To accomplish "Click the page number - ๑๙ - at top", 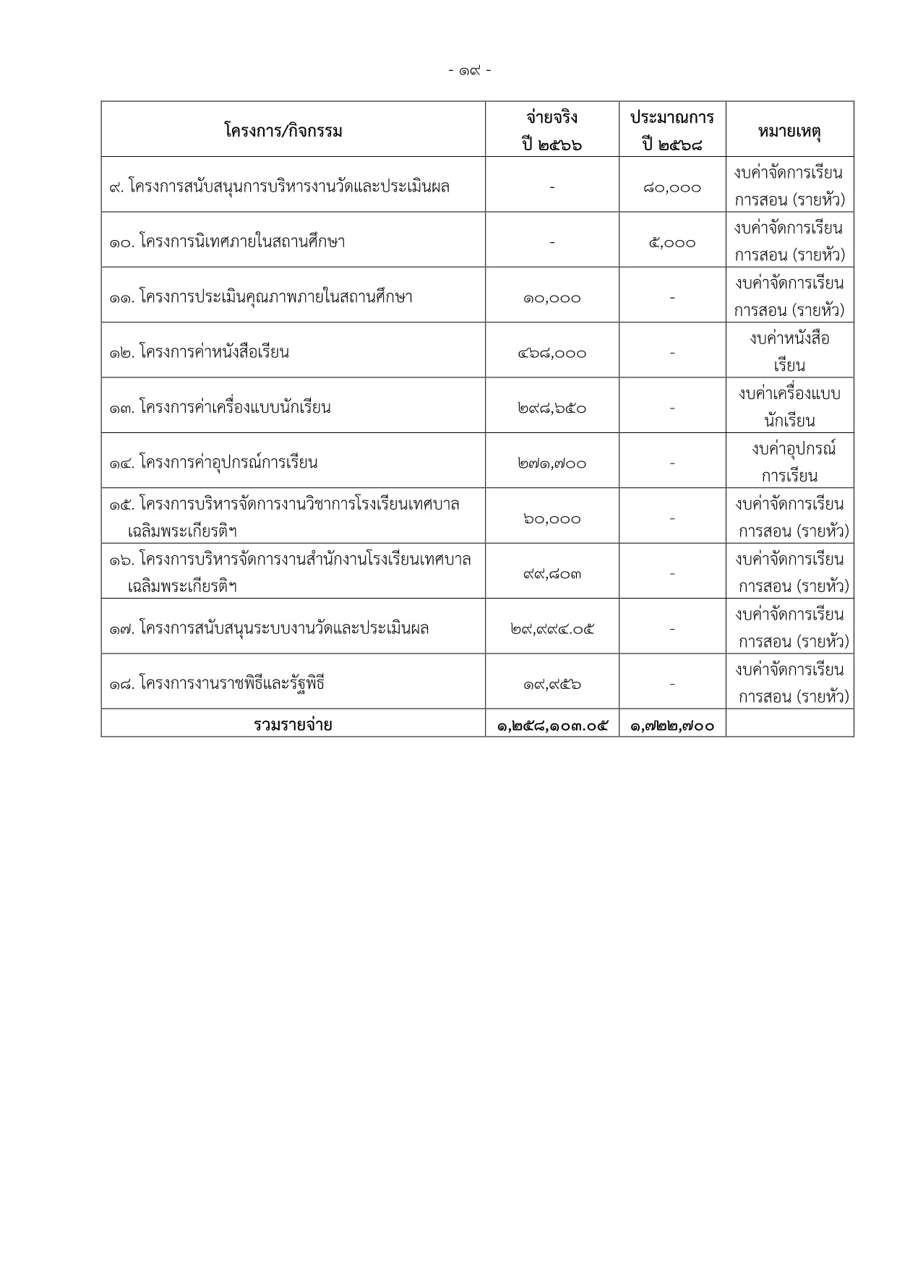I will [x=470, y=71].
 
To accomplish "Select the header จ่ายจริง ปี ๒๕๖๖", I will [x=552, y=131].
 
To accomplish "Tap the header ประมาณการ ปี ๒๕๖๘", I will [x=672, y=131].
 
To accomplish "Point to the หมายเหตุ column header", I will [x=789, y=132].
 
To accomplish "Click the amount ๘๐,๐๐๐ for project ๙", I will [x=672, y=188].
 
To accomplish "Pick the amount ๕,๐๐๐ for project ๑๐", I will [x=672, y=243].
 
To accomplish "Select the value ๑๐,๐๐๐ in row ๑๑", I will [x=552, y=298].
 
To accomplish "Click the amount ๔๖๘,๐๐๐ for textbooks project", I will [x=552, y=354].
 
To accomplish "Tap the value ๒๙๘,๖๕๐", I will [x=552, y=408].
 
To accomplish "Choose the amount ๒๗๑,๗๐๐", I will [x=552, y=463].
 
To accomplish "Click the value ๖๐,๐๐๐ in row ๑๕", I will [x=552, y=519].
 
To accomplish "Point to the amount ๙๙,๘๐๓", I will [x=552, y=574].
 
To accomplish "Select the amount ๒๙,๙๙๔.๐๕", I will [x=552, y=629].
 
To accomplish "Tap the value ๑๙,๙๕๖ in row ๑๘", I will [x=552, y=684].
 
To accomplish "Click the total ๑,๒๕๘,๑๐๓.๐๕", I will [x=552, y=725].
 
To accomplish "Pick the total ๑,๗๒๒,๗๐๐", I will [x=672, y=725].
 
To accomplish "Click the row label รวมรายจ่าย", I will [x=293, y=724].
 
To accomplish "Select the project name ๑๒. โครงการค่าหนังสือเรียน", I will [x=199, y=353].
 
